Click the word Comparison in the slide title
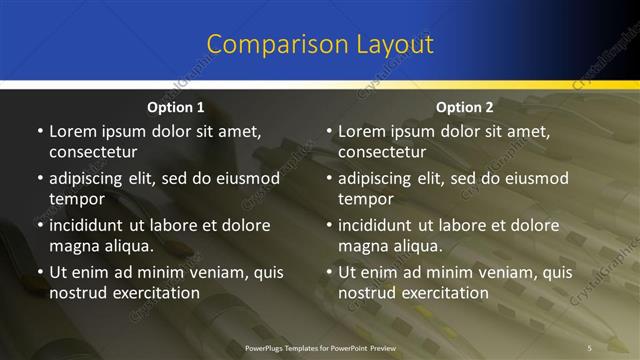(264, 45)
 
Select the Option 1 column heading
(176, 107)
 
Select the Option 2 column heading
(465, 107)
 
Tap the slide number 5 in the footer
(590, 347)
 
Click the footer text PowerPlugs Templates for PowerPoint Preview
(320, 347)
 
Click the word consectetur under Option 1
(93, 152)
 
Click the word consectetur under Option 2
(382, 152)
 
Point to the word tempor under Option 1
(77, 198)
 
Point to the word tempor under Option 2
(366, 198)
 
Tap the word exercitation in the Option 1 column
(155, 292)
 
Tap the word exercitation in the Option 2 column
(444, 292)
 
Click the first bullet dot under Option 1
(39, 132)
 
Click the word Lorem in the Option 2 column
(363, 132)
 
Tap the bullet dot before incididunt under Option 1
(39, 226)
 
